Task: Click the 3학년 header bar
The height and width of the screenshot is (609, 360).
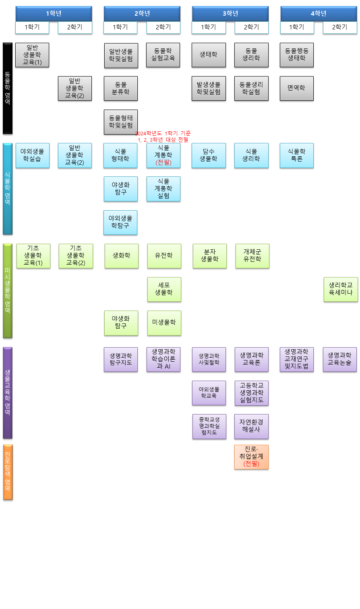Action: pos(230,14)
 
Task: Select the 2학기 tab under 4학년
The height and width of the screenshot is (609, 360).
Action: pos(339,27)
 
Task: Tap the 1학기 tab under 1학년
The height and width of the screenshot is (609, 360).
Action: pos(32,27)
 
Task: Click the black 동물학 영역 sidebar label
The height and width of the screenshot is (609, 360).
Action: pos(8,88)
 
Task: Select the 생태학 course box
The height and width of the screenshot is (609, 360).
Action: pos(209,55)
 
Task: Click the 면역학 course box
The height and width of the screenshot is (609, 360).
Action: pos(296,88)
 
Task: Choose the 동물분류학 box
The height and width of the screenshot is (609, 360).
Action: pos(121,88)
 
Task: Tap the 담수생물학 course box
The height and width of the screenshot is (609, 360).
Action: pos(209,155)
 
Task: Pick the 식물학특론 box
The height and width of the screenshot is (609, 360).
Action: pos(296,155)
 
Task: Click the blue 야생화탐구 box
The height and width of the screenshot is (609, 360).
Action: pos(121,189)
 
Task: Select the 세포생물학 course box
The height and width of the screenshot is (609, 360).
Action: pos(164,289)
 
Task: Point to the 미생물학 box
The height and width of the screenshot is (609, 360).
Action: pos(164,323)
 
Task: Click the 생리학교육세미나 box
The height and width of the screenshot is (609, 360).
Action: pos(341,289)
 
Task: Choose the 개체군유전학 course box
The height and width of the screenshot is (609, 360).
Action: pos(252,256)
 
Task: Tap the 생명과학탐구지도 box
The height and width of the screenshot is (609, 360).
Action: pos(121,359)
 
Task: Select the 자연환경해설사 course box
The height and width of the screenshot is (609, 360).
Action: pos(251,426)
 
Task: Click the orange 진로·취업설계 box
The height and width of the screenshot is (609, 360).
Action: pos(251,457)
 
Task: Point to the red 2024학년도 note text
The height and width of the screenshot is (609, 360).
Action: pos(163,137)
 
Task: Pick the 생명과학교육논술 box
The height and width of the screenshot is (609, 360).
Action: pos(339,359)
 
